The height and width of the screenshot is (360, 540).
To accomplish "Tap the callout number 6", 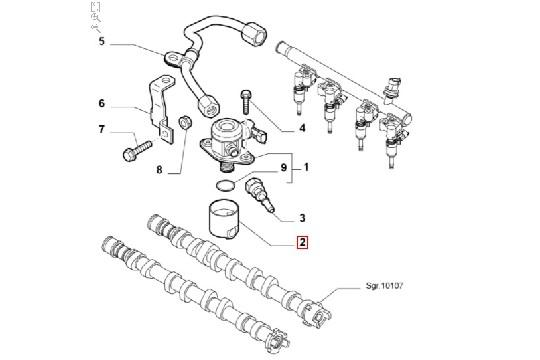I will coord(101,103).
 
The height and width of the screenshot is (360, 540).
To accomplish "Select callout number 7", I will coord(101,130).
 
